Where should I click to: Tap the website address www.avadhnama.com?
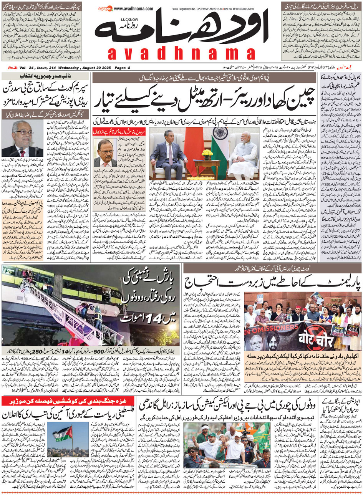click(x=133, y=8)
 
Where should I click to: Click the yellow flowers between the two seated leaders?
click(x=207, y=153)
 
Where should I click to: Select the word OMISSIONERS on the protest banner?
click(x=268, y=329)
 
